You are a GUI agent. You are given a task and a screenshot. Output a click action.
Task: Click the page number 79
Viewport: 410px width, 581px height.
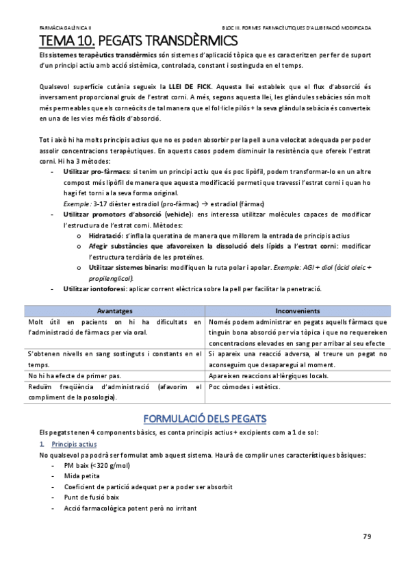pyautogui.click(x=367, y=536)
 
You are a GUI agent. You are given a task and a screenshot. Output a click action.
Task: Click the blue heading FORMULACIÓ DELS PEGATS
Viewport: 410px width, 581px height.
pyautogui.click(x=205, y=417)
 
